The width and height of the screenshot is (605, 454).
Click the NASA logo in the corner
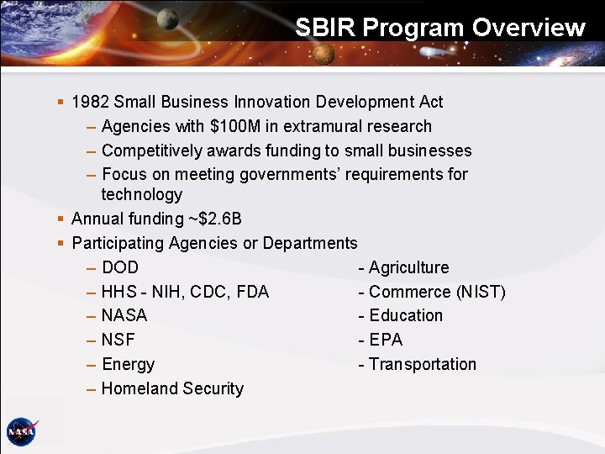coord(21,431)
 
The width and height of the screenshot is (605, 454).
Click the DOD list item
coord(120,268)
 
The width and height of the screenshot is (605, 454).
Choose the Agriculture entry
coord(408,268)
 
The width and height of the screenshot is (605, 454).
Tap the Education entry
coord(405,316)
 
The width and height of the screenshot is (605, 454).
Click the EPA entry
coord(386,340)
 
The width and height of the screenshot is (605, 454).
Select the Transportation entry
coord(422,365)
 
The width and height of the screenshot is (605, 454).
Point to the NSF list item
coord(118,340)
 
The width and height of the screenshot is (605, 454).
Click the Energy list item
coord(128,365)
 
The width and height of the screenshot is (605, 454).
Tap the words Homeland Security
coord(172,389)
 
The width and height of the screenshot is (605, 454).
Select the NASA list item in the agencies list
coord(124,316)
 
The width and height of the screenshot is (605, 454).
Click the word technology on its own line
coord(141,195)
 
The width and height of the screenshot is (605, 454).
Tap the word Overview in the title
coord(528,28)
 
